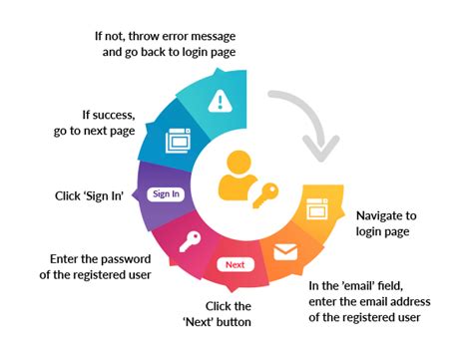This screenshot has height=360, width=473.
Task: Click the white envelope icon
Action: (285, 251)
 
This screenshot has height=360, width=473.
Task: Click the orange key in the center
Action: (265, 196)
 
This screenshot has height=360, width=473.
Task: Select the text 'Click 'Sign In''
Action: (89, 196)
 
